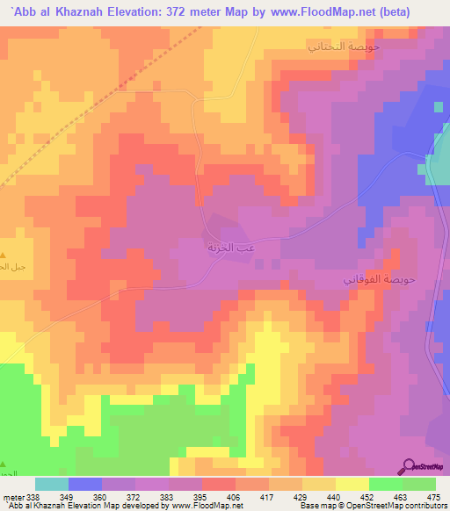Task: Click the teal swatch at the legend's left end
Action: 51,484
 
